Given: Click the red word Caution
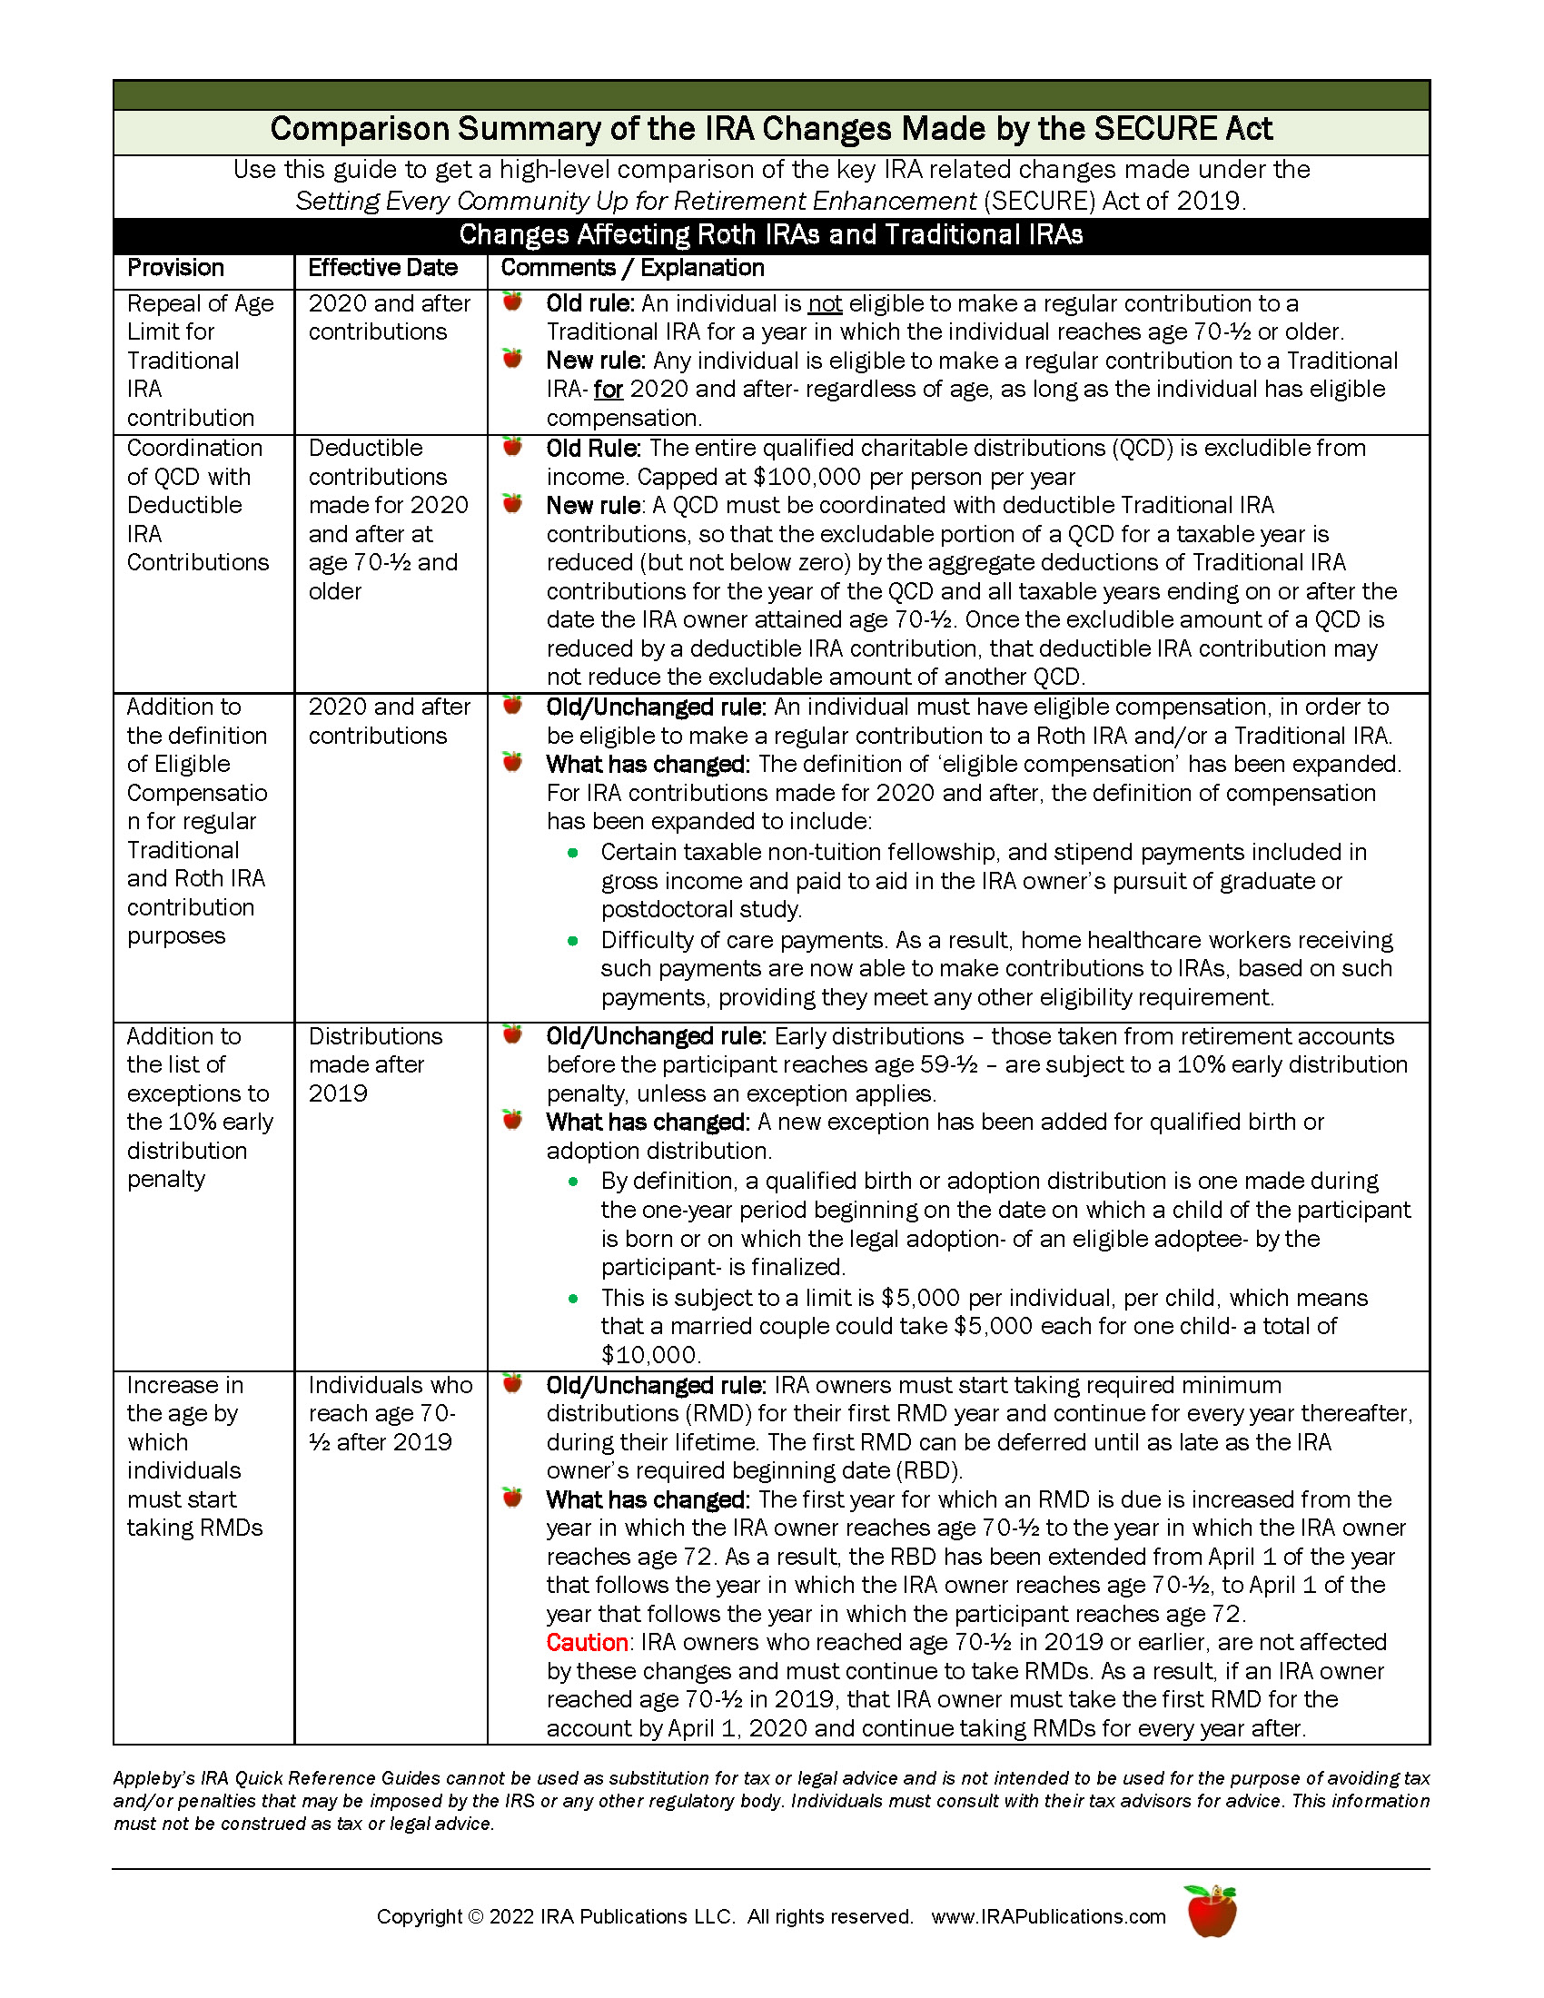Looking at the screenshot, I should pos(587,1643).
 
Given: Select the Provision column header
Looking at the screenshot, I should pos(175,268).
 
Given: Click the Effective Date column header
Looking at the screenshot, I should pos(382,268).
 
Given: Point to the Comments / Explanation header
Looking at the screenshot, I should pos(632,268).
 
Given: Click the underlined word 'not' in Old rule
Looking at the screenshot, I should pos(825,303).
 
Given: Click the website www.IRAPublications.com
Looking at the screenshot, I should pos(1048,1916).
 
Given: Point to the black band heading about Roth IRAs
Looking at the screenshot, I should pos(771,235).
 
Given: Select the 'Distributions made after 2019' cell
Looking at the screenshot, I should pos(375,1065).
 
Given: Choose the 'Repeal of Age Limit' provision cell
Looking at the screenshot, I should pos(200,361).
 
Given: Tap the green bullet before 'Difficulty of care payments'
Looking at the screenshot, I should pos(573,941).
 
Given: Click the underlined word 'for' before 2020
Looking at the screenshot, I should pos(609,390).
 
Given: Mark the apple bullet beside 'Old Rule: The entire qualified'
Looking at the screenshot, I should pos(512,448).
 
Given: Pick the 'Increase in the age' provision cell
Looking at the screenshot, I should pos(194,1457).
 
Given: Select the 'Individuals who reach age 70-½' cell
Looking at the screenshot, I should pos(390,1413).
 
